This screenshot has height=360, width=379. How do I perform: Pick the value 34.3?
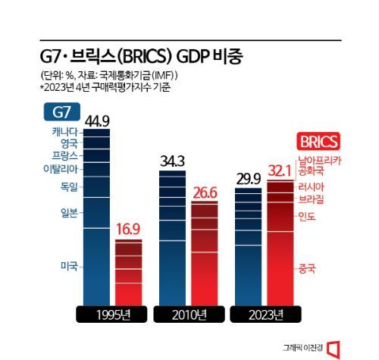(x=174, y=161)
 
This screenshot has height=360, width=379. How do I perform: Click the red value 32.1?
(x=283, y=171)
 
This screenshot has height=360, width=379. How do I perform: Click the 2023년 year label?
(x=265, y=314)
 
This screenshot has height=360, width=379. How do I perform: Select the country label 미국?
(x=70, y=266)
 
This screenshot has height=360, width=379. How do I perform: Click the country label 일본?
(x=70, y=212)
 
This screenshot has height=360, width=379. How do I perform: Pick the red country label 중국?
(x=307, y=268)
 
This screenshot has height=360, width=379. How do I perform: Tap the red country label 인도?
(x=307, y=217)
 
